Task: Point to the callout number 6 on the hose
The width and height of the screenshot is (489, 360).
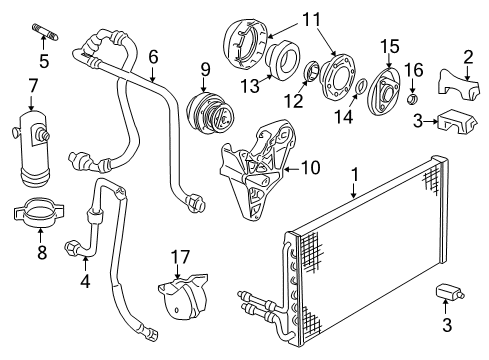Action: click(154, 58)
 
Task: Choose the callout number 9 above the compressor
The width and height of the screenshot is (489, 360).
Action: click(204, 70)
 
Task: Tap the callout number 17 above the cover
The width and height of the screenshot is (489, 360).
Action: click(180, 258)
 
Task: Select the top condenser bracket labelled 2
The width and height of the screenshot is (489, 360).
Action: click(455, 89)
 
